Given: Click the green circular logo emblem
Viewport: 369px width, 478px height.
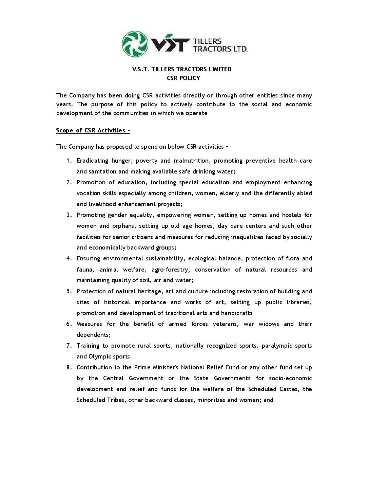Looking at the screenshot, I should point(135,44).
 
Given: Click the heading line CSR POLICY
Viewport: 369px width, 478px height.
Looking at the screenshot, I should point(183,78).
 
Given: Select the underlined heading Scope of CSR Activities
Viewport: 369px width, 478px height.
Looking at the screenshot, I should point(93,130).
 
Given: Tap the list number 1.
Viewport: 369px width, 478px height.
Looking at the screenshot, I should point(69,161).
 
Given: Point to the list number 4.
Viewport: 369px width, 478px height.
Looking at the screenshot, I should point(69,258).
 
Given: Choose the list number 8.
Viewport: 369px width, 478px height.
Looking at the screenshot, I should point(69,367).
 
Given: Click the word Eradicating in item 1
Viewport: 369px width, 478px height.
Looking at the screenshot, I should point(92,161).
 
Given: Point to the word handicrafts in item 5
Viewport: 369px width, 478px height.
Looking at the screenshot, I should point(237,313).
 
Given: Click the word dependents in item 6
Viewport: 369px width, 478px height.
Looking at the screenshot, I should point(93,335).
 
